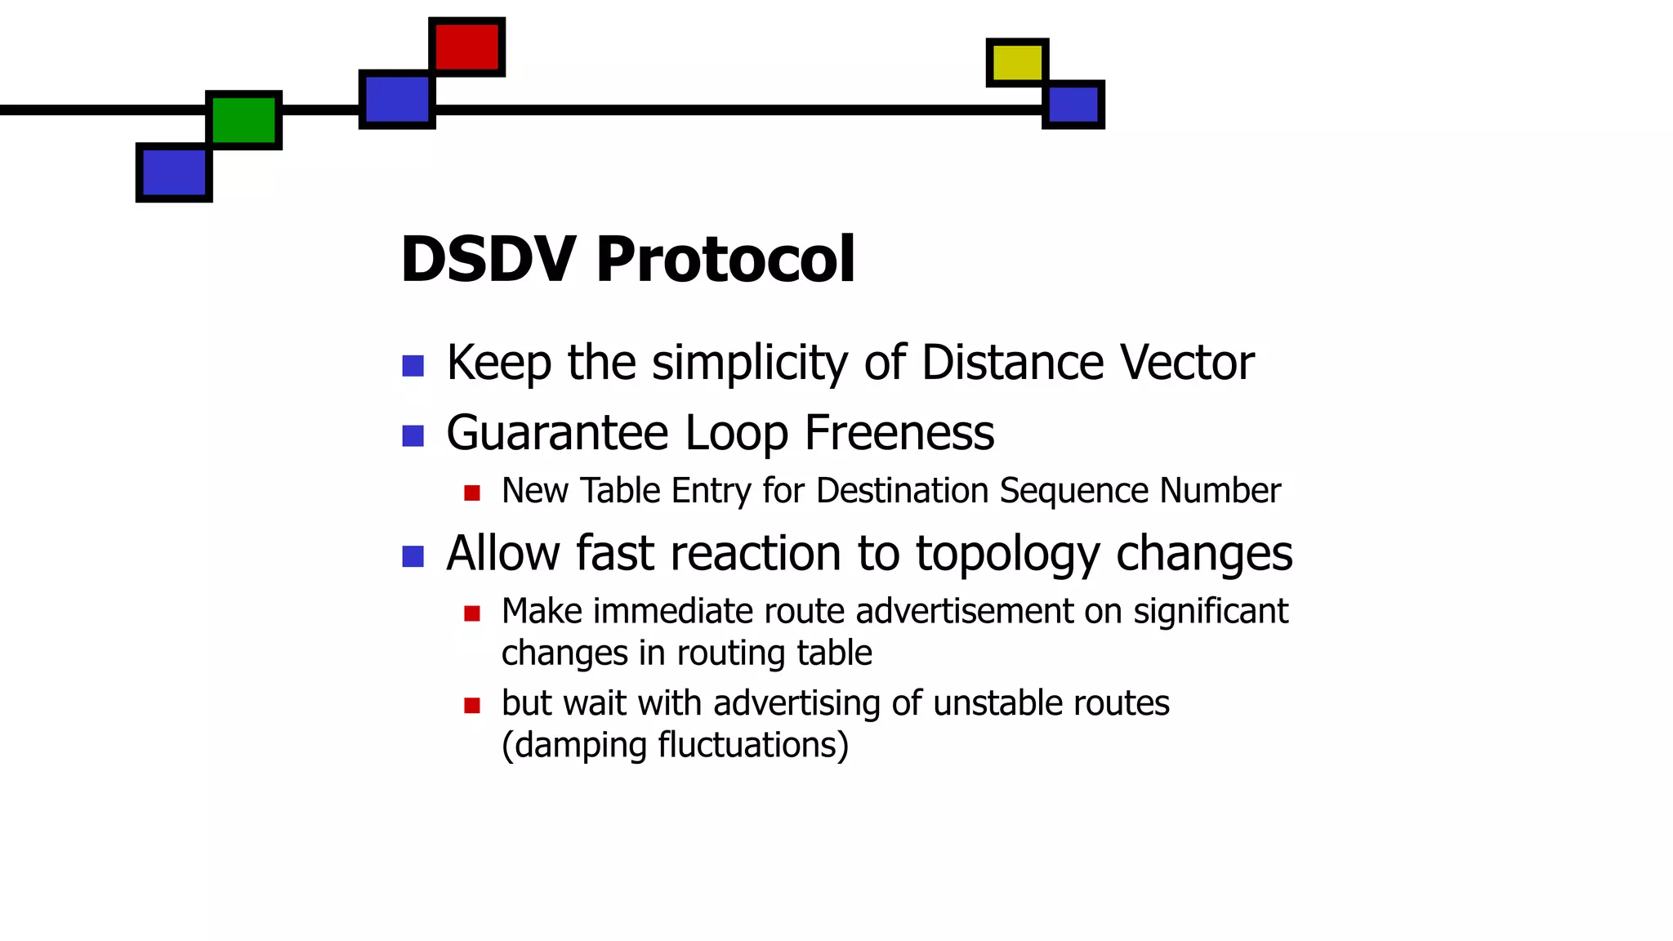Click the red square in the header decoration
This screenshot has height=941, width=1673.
click(466, 47)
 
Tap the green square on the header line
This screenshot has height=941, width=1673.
click(243, 119)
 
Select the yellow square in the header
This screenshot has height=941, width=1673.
click(1017, 62)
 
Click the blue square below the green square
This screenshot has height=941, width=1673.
click(174, 172)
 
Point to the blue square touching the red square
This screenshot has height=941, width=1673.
click(397, 99)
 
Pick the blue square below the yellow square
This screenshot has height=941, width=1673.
click(1073, 105)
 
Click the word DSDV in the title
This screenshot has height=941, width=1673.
click(488, 260)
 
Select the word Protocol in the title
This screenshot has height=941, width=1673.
click(725, 260)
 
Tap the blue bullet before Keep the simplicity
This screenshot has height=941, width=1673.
click(413, 365)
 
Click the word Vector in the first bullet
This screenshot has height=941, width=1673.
click(1187, 362)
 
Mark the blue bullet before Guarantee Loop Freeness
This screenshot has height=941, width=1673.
click(413, 435)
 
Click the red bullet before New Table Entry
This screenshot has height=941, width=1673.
click(471, 493)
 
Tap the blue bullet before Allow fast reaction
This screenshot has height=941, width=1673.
click(413, 556)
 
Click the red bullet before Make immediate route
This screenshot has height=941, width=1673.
click(471, 613)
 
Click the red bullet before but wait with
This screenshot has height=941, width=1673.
click(471, 704)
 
